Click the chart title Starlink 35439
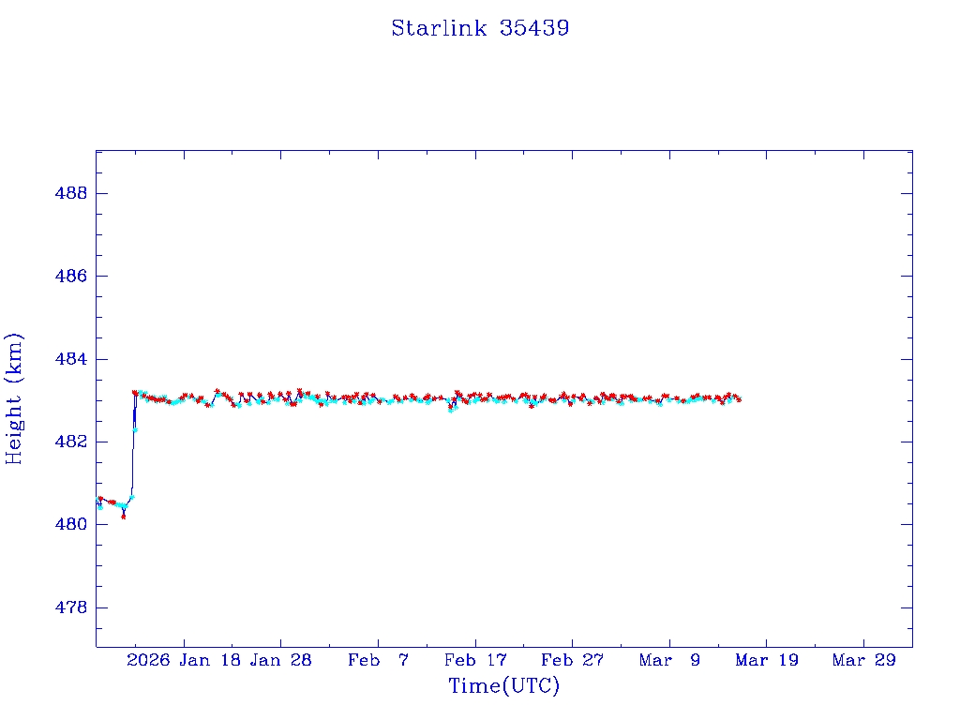tap(480, 28)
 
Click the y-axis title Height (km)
tap(14, 398)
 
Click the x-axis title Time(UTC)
tap(503, 686)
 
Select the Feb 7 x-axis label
tap(378, 660)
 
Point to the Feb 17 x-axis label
tap(475, 660)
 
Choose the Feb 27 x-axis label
tap(572, 660)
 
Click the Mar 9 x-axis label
tap(669, 660)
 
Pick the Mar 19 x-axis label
tap(766, 660)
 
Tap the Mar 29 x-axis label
tap(863, 660)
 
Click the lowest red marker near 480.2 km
tap(124, 516)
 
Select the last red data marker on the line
tap(739, 399)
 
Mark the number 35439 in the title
tap(534, 28)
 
